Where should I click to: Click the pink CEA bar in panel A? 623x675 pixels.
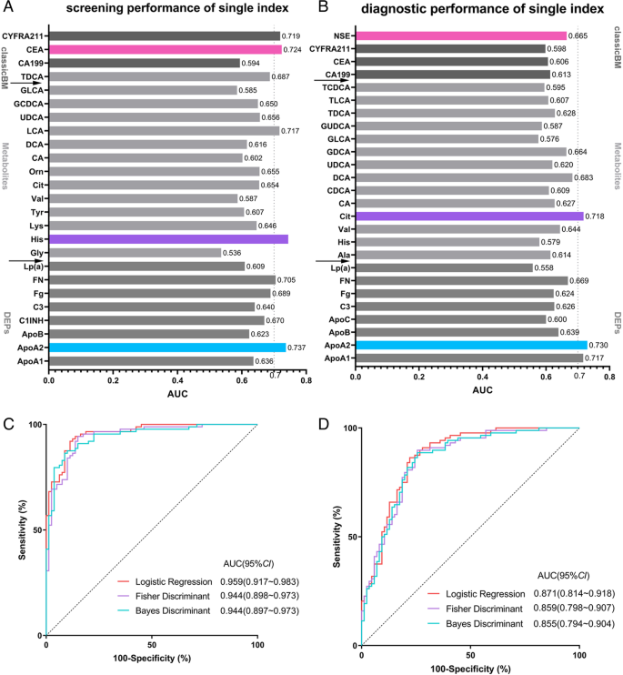[x=164, y=49]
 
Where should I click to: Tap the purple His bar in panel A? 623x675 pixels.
[x=168, y=238]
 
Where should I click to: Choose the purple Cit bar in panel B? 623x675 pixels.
[x=469, y=217]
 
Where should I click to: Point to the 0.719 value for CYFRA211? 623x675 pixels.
[x=293, y=35]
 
